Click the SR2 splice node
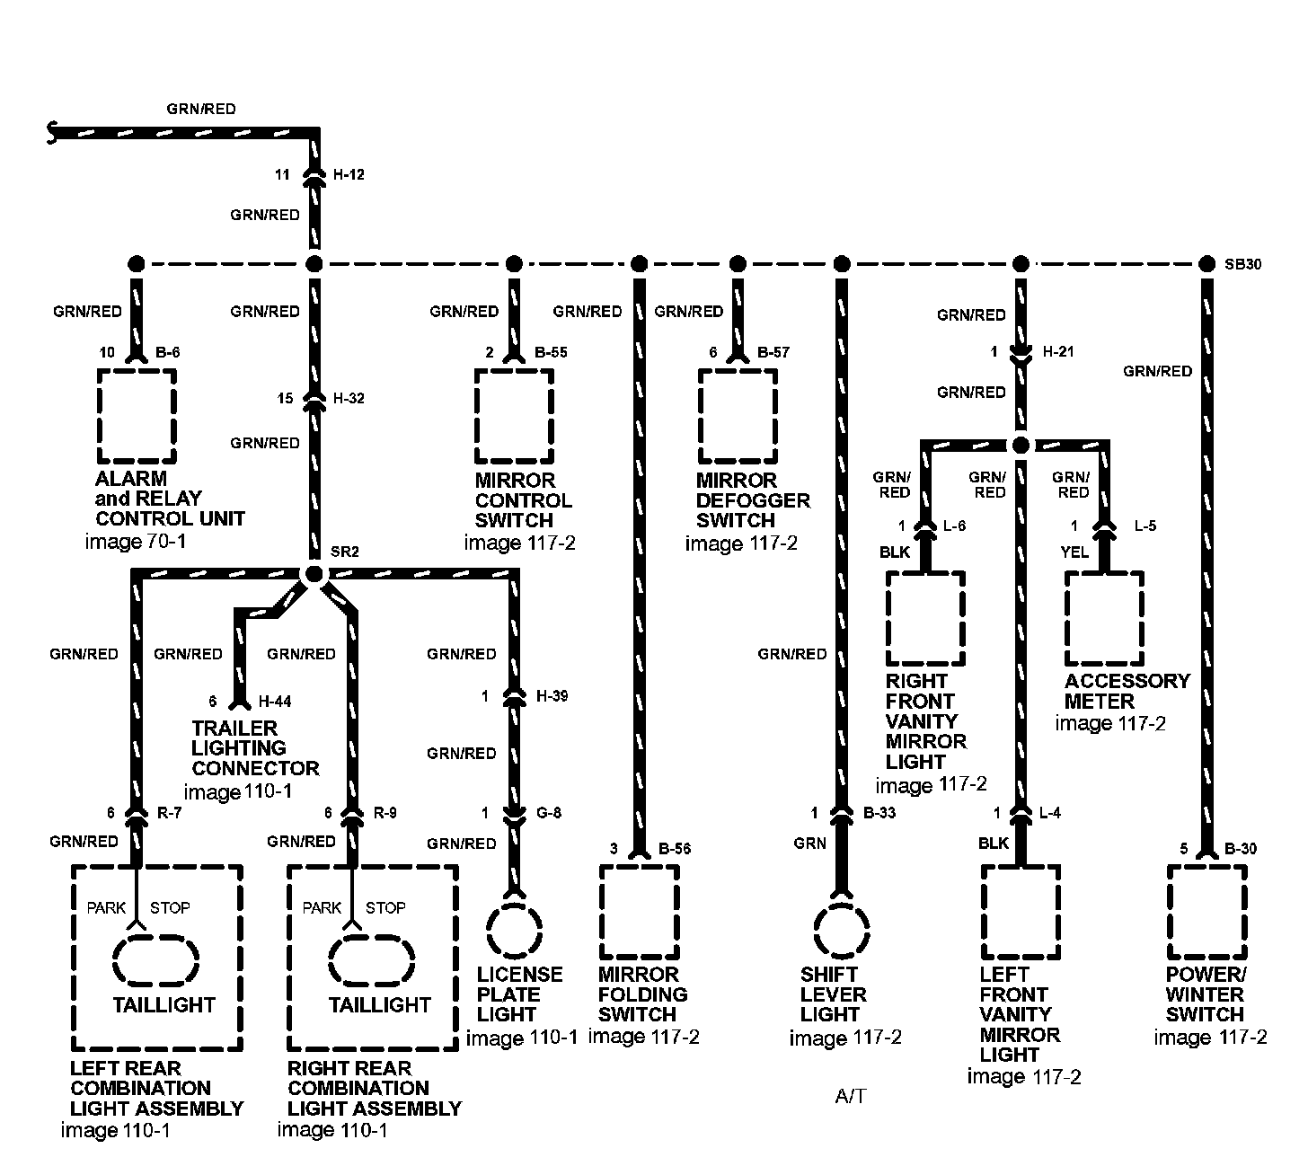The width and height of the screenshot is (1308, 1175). pyautogui.click(x=314, y=574)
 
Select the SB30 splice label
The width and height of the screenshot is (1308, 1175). pyautogui.click(x=1242, y=264)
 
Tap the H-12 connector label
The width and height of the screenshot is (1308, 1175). pyautogui.click(x=349, y=174)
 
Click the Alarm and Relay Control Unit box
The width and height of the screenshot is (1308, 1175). pyautogui.click(x=137, y=415)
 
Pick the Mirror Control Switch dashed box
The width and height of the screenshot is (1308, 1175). pyautogui.click(x=514, y=415)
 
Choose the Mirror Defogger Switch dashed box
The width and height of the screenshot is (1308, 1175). pyautogui.click(x=738, y=415)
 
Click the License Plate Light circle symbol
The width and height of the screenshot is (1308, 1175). pyautogui.click(x=514, y=931)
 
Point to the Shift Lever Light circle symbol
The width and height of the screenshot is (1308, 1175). pyautogui.click(x=842, y=931)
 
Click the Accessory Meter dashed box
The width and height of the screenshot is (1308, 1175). pyautogui.click(x=1104, y=619)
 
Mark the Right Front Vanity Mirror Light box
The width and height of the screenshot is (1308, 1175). pyautogui.click(x=926, y=619)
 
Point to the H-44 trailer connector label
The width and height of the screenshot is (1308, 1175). pyautogui.click(x=275, y=702)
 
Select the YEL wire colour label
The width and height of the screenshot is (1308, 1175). pyautogui.click(x=1074, y=552)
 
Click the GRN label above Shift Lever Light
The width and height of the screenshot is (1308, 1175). pyautogui.click(x=809, y=844)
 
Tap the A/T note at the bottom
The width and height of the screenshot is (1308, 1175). pyautogui.click(x=851, y=1097)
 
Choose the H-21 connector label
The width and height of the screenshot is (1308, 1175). pyautogui.click(x=1058, y=352)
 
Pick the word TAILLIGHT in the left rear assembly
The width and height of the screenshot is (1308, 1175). pyautogui.click(x=164, y=1004)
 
